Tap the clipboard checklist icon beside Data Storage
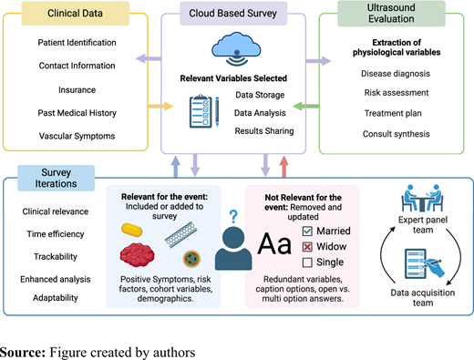[201, 111]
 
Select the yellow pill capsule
[132, 230]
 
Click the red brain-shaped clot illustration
[137, 254]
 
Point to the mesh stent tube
[180, 234]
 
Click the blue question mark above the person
[233, 217]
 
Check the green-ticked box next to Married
[307, 231]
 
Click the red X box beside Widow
[307, 247]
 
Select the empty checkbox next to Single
[307, 262]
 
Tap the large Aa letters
[274, 244]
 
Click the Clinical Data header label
[75, 14]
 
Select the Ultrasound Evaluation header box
[391, 14]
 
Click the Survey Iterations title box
[57, 178]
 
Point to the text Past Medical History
[77, 113]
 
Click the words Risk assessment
[397, 93]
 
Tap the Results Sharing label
[264, 131]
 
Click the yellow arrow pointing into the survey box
[160, 106]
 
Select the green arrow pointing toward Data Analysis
[306, 106]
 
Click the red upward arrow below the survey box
[283, 167]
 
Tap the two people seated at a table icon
[422, 198]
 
